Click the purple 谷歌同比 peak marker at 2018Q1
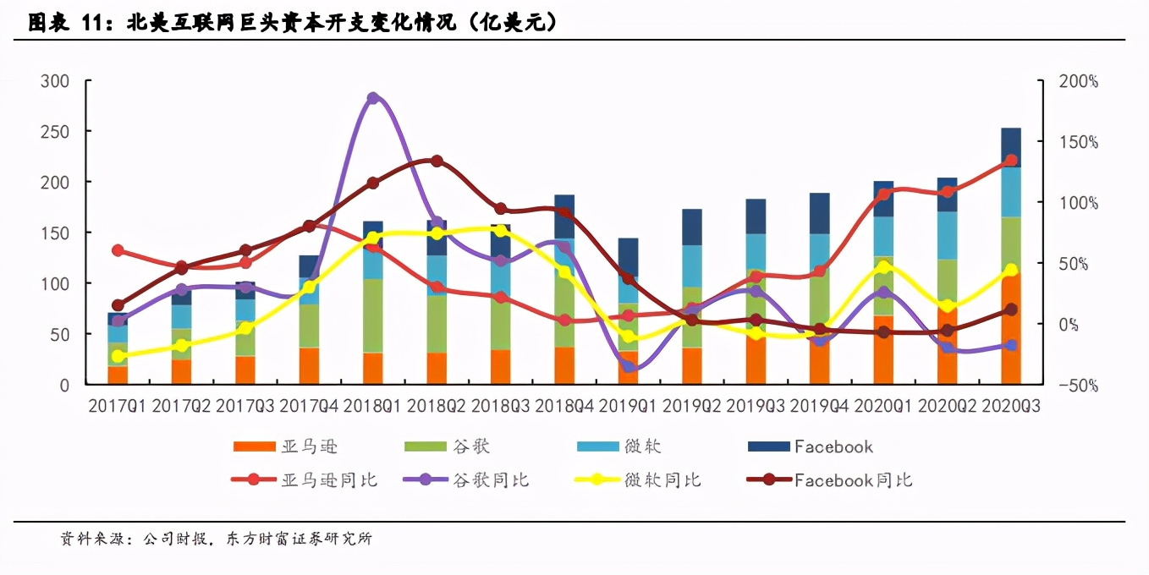(373, 98)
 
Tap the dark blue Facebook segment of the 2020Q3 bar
(1010, 147)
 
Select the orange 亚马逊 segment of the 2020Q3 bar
(1010, 330)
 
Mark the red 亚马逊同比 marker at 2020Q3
(1010, 160)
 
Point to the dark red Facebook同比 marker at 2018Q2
(437, 161)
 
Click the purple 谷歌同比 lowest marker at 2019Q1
(629, 366)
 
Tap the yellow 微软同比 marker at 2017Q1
(118, 356)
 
